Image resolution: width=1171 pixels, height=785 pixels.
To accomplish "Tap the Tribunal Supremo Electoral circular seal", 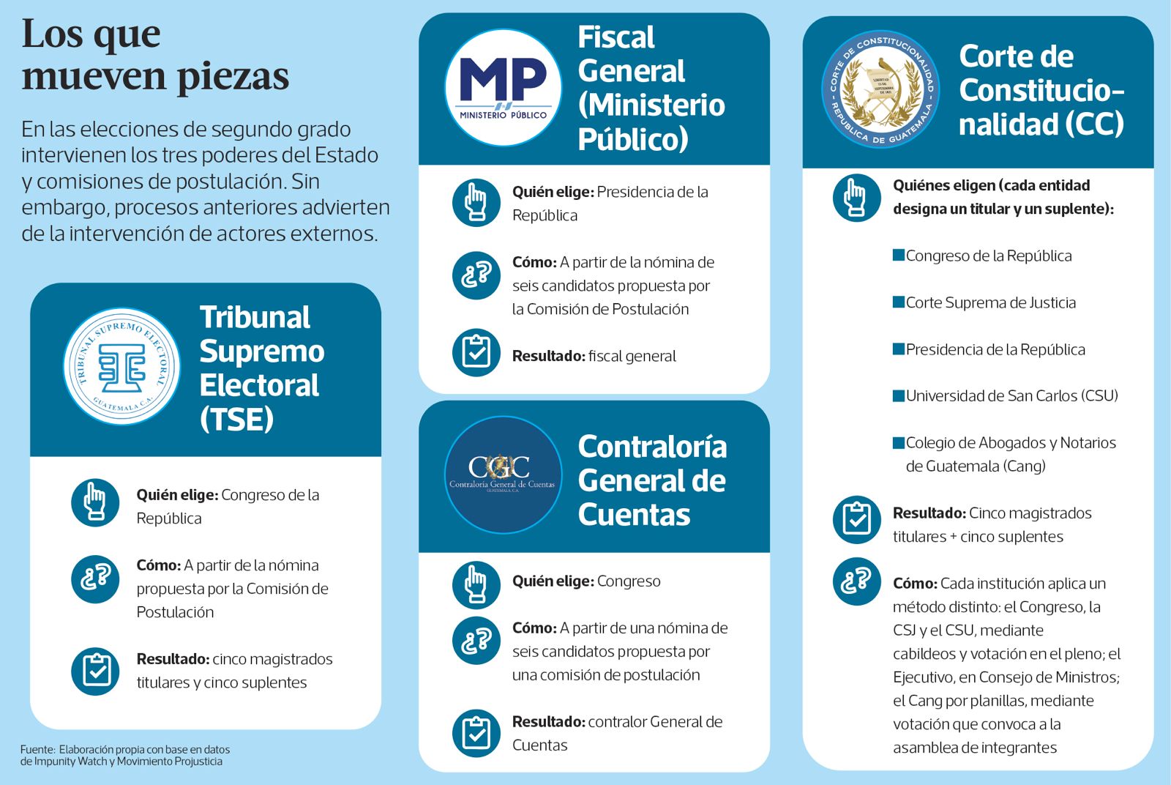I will click(121, 366).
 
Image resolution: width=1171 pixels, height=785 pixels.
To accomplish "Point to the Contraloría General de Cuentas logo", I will click(503, 475).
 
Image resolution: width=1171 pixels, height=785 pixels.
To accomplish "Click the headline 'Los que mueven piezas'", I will click(155, 55).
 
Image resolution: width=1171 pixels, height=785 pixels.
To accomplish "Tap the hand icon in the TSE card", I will click(95, 502).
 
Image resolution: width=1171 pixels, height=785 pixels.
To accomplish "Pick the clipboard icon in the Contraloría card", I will click(476, 732).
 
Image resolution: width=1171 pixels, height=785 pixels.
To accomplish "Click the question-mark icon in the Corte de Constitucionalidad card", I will click(856, 581).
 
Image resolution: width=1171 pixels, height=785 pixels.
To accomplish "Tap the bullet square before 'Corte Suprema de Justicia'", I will click(899, 302).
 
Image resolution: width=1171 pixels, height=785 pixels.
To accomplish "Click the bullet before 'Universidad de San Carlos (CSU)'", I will click(899, 395).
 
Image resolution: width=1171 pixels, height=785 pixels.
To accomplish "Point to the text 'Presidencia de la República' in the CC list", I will click(995, 349).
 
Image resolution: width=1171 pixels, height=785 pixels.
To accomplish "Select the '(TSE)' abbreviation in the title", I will click(236, 419).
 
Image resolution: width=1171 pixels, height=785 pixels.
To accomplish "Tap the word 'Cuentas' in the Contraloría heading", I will click(634, 514).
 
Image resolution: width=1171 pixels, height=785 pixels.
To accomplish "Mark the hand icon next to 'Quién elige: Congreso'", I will click(476, 584).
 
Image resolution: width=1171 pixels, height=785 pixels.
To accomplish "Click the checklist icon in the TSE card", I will click(95, 670).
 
